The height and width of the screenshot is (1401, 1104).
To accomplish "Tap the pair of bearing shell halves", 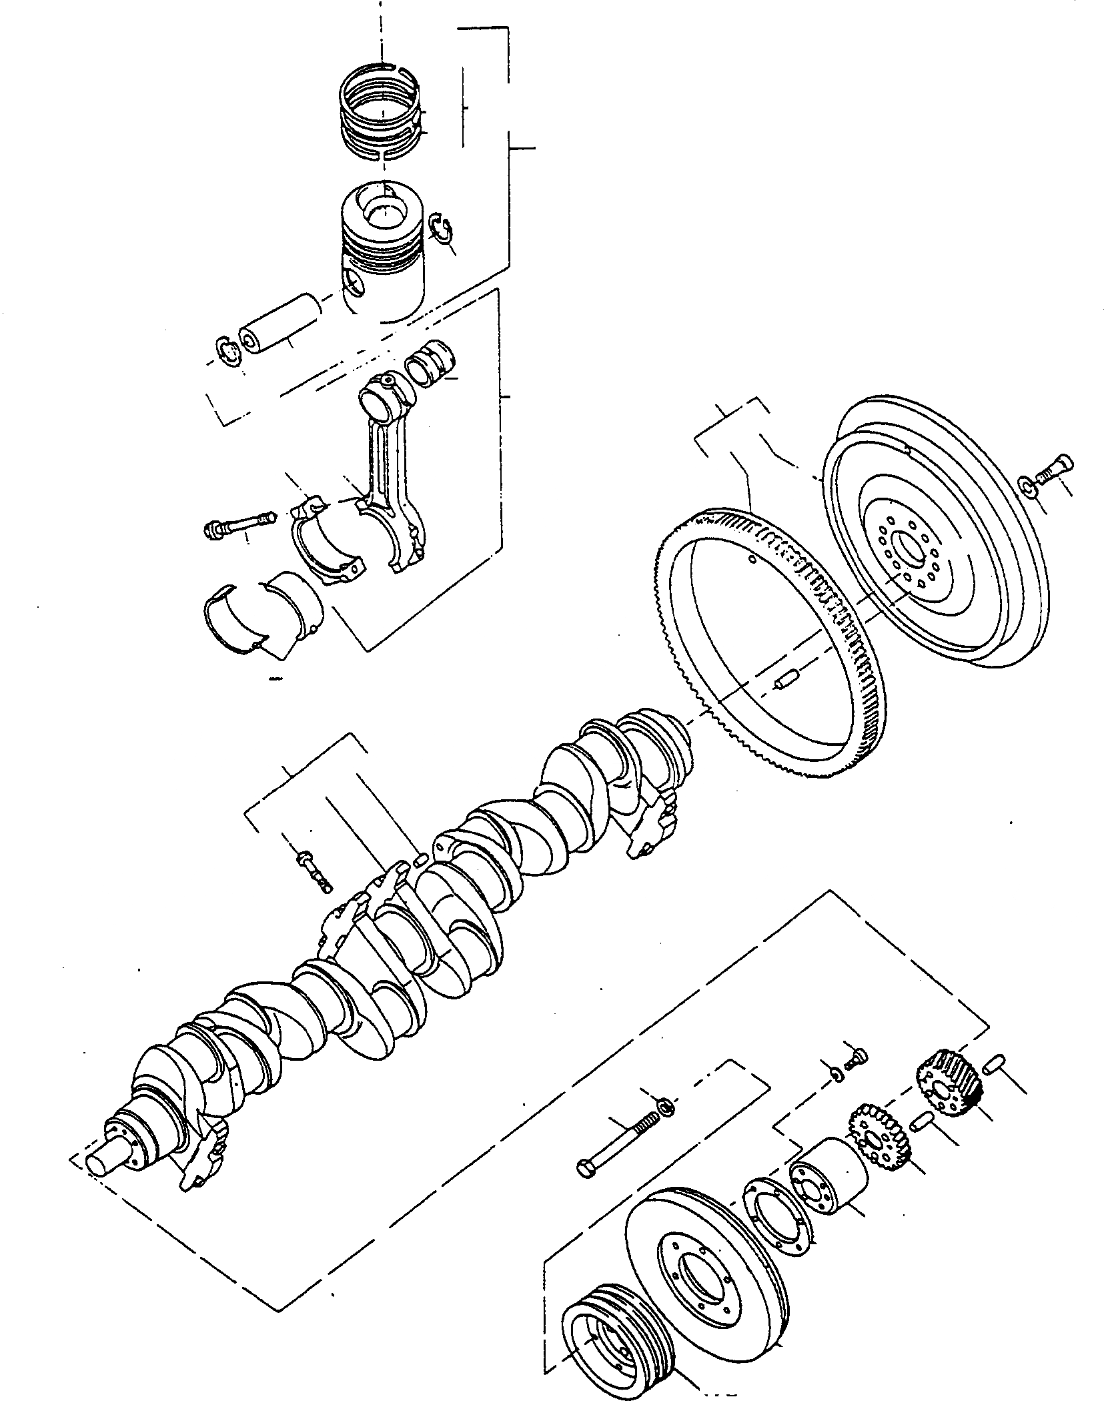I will pos(263,600).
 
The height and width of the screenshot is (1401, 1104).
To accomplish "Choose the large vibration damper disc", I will pos(707,1254).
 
